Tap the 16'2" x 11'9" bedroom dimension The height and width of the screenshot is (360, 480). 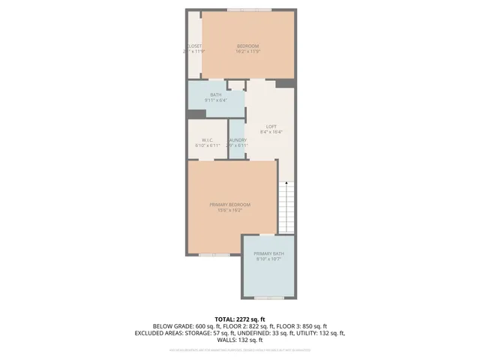pyautogui.click(x=247, y=52)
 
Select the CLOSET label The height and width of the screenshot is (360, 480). pyautogui.click(x=194, y=46)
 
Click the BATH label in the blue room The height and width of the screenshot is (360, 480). pyautogui.click(x=215, y=94)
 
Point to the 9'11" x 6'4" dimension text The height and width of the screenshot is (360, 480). pyautogui.click(x=215, y=100)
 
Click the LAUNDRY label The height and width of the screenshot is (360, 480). pyautogui.click(x=238, y=140)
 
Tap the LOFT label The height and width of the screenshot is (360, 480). pyautogui.click(x=271, y=126)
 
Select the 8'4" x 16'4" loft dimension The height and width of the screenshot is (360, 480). pyautogui.click(x=271, y=131)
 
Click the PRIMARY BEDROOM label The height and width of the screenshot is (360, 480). pyautogui.click(x=229, y=205)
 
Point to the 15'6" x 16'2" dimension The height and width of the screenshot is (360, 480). pyautogui.click(x=229, y=210)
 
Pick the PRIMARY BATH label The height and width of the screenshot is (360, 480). pyautogui.click(x=268, y=254)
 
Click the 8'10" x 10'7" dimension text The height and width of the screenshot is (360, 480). pyautogui.click(x=268, y=259)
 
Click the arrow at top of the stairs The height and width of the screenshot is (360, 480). pyautogui.click(x=286, y=183)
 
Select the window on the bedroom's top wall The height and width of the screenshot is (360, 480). pyautogui.click(x=250, y=10)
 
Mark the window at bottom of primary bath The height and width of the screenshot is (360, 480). pyautogui.click(x=269, y=298)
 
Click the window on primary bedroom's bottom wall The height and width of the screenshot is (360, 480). pyautogui.click(x=214, y=255)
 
